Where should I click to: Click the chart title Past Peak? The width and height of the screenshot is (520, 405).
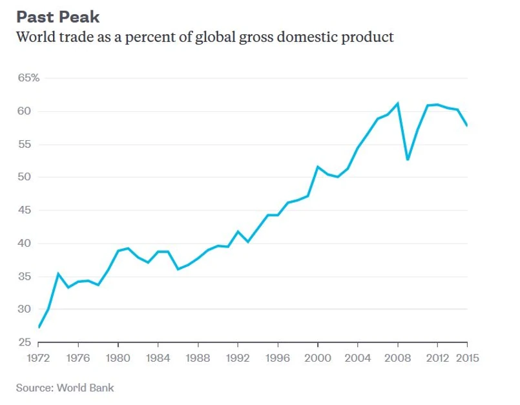pos(58,16)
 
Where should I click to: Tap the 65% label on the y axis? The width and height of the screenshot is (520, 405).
pos(28,78)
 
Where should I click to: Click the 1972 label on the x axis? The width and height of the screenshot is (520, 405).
pos(39,356)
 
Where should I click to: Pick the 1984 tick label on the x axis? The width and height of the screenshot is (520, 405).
pos(158,356)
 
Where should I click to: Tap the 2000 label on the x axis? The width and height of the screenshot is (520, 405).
pos(318,356)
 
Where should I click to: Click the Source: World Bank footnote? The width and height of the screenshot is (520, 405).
pos(65,388)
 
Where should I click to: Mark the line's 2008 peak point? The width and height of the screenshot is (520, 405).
pos(398,103)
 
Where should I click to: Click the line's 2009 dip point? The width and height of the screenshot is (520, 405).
pos(408,160)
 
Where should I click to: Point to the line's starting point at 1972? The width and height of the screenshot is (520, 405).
pos(39,327)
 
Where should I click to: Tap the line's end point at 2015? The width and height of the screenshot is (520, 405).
pos(467,126)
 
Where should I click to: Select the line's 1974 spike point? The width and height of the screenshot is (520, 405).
pos(59,273)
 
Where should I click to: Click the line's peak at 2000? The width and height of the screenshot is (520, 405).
pos(318,167)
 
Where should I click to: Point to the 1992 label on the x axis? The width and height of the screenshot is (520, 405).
pos(238,356)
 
